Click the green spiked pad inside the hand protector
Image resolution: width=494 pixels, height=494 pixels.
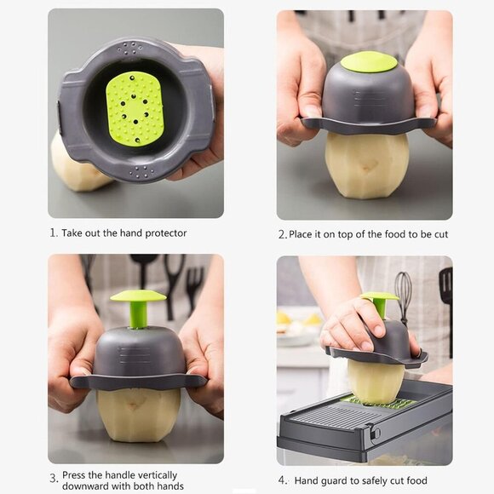tap(135, 107)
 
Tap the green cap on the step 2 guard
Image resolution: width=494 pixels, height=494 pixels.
tap(369, 61)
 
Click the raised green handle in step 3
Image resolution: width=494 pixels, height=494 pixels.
tap(138, 305)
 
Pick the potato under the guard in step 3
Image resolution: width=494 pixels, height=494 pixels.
tap(138, 414)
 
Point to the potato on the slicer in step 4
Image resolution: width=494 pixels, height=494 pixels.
tap(375, 380)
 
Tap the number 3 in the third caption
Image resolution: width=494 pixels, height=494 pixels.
tap(53, 478)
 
